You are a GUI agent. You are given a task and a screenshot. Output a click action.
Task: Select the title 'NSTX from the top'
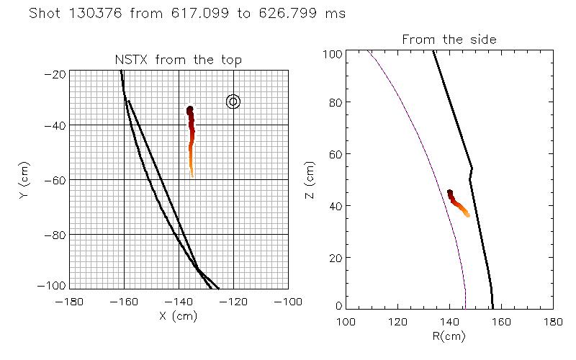tap(179, 60)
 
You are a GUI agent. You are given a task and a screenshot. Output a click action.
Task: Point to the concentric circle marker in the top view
tap(233, 102)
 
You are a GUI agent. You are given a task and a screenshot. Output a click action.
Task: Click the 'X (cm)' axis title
tap(179, 315)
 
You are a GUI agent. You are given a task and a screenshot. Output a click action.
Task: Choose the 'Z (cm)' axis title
tap(310, 179)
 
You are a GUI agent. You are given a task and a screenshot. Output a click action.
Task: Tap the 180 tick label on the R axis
tap(553, 320)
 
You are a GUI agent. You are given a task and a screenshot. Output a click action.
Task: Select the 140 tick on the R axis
tap(450, 320)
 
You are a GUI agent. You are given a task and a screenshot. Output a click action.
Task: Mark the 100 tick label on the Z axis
tap(333, 54)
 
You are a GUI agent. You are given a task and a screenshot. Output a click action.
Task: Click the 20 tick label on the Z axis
tap(336, 258)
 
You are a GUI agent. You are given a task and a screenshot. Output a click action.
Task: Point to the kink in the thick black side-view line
tap(472, 170)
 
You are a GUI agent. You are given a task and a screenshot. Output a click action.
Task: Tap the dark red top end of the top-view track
tap(190, 110)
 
